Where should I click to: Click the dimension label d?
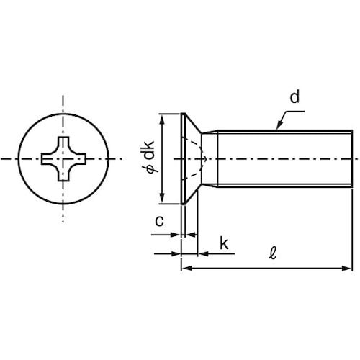(294, 97)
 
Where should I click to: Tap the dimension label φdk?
(149, 157)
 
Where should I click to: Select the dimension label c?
(159, 221)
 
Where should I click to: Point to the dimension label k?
(224, 243)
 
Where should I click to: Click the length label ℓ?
(272, 253)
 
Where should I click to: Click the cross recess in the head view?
(63, 159)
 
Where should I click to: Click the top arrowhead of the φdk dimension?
(163, 120)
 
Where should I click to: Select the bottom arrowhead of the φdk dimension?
(163, 198)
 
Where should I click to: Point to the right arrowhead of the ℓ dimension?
(346, 268)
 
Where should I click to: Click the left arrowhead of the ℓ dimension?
(186, 268)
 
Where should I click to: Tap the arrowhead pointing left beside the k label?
(203, 253)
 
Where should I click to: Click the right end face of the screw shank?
(352, 158)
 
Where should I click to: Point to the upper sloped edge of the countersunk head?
(194, 123)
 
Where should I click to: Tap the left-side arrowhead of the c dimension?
(175, 235)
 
